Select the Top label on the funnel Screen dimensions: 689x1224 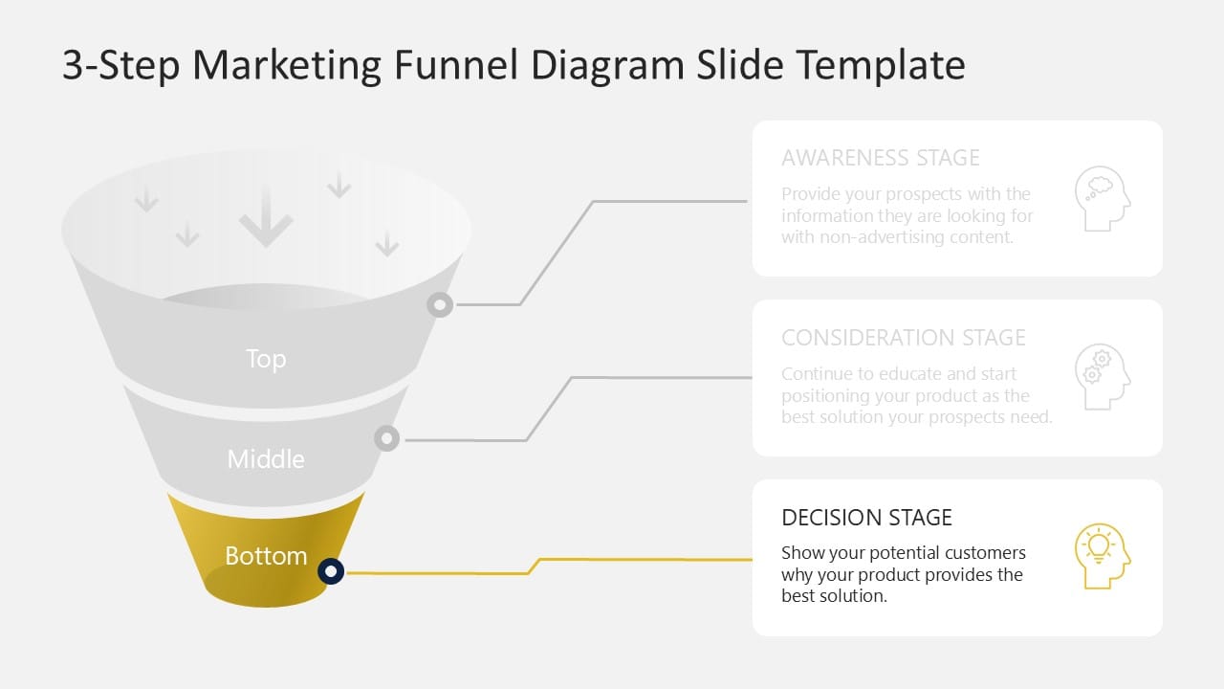[266, 359]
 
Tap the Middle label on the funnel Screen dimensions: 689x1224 [266, 459]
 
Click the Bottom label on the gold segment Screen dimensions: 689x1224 [266, 556]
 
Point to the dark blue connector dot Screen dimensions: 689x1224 [331, 571]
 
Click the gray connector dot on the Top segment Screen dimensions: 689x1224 [439, 305]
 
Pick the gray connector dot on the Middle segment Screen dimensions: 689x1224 [386, 439]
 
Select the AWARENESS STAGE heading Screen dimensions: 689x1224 [880, 158]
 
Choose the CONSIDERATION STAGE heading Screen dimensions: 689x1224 [903, 338]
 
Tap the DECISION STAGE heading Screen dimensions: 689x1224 [866, 518]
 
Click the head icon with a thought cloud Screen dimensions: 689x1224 [1102, 199]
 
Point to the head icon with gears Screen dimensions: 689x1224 [1102, 378]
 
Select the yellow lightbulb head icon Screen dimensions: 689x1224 [1102, 557]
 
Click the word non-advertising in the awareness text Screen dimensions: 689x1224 [876, 237]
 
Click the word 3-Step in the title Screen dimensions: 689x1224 [120, 65]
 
